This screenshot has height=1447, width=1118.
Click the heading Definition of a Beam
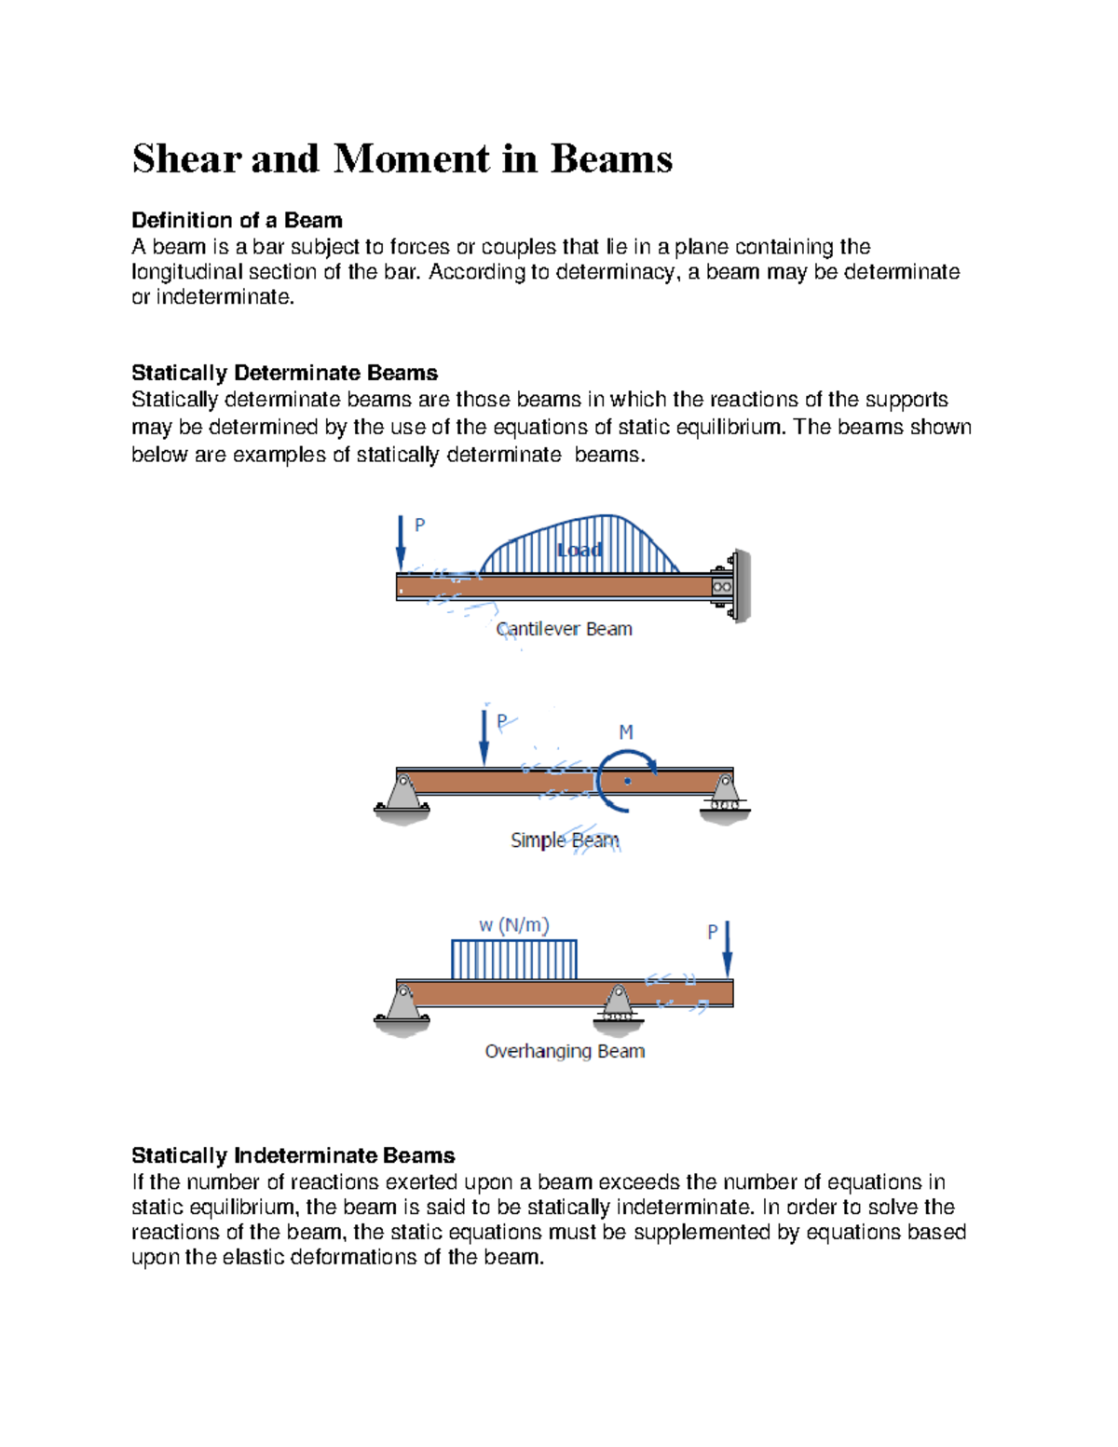[x=237, y=221]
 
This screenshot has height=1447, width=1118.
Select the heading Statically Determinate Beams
[x=284, y=374]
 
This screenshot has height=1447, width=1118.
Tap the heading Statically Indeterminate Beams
[x=293, y=1156]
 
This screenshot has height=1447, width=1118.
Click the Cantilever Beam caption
[x=564, y=630]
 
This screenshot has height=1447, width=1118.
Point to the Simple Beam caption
[x=565, y=840]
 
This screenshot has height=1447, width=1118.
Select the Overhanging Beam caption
[x=565, y=1052]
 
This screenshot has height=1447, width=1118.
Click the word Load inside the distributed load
[x=579, y=551]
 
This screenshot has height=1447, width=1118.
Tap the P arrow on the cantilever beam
[x=401, y=542]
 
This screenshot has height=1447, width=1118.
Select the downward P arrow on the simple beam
[x=484, y=737]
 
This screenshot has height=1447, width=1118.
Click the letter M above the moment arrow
[x=626, y=733]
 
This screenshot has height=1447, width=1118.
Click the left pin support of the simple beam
[x=402, y=799]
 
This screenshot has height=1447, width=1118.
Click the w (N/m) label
[x=513, y=925]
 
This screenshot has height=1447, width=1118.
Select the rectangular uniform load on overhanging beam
[x=513, y=960]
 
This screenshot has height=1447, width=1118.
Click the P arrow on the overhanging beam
[x=728, y=949]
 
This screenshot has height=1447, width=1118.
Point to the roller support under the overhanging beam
[x=618, y=1007]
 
